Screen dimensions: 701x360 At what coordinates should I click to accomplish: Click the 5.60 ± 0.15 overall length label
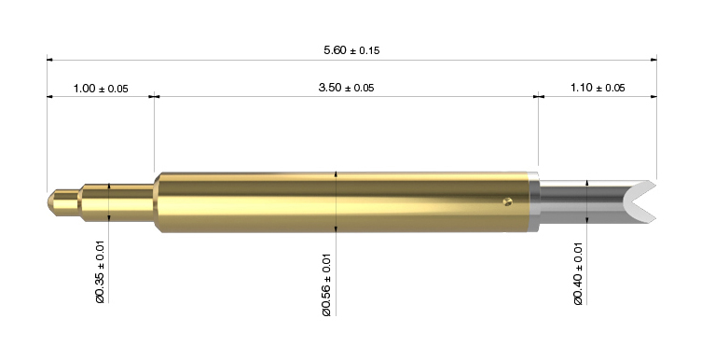click(x=351, y=50)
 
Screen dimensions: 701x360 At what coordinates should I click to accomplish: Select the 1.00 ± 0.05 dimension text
click(x=101, y=89)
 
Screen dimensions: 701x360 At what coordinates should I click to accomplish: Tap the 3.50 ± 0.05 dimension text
click(x=346, y=88)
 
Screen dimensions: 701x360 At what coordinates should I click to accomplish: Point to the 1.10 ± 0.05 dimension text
click(x=598, y=88)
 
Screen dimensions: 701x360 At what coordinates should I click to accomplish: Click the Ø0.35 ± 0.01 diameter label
click(x=100, y=272)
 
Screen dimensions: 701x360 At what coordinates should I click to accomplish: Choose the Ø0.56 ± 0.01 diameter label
click(x=327, y=284)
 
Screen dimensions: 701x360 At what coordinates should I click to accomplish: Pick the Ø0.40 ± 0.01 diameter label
click(x=578, y=273)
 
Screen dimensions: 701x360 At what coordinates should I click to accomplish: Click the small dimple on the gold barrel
click(x=506, y=201)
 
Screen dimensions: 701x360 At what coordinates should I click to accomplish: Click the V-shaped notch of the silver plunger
click(x=630, y=202)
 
